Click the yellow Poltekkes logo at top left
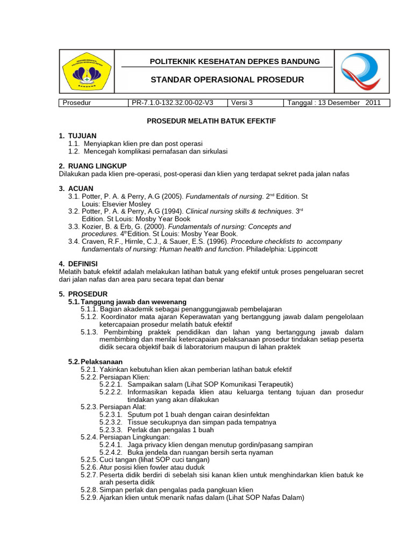click(x=86, y=71)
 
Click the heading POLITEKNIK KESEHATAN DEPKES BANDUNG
click(x=227, y=61)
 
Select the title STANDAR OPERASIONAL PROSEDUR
click(x=227, y=80)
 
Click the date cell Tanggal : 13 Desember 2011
click(x=334, y=103)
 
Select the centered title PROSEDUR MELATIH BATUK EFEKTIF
click(x=211, y=121)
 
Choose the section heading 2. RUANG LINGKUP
click(x=92, y=166)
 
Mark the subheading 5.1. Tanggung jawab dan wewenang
click(x=127, y=302)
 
